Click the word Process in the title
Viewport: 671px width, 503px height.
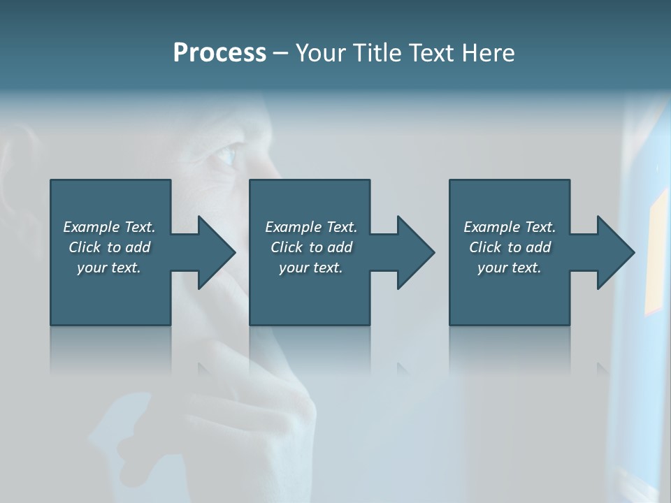tap(219, 53)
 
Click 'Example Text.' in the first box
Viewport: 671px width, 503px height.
tap(109, 227)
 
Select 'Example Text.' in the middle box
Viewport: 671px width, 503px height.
tap(311, 227)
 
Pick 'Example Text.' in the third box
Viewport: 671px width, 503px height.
tap(510, 227)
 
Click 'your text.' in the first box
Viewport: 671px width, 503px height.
tap(109, 268)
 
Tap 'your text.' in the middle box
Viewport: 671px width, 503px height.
tap(311, 268)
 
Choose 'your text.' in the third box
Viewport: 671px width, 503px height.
tap(510, 268)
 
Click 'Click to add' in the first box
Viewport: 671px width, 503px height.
tap(109, 247)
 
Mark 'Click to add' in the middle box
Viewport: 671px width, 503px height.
tap(311, 247)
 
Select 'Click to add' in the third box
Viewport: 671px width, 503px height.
tap(510, 247)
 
